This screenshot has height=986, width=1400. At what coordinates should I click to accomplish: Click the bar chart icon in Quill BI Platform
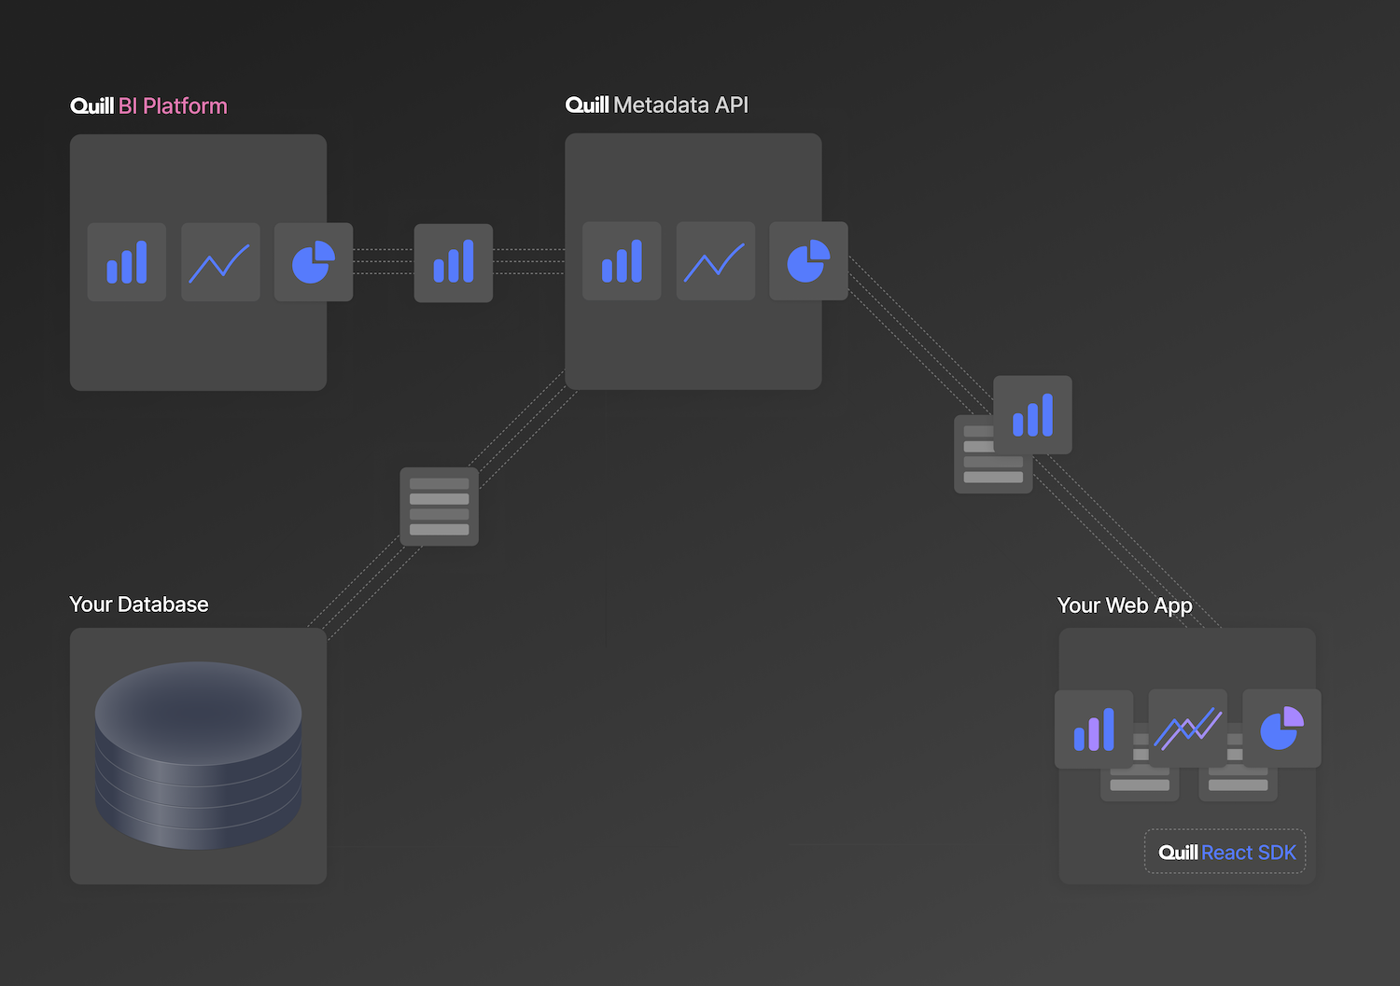(x=127, y=262)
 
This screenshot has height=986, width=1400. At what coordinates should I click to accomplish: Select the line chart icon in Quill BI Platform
(x=220, y=262)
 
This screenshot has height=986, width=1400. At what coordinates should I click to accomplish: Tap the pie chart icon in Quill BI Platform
(x=314, y=262)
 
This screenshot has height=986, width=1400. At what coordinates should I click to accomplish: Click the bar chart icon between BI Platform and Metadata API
(x=454, y=263)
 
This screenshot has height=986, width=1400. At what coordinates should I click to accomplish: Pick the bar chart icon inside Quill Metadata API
(x=622, y=261)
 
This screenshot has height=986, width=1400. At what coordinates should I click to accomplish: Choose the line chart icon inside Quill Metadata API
(x=716, y=261)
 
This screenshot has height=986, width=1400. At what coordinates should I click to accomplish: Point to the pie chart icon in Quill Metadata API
(x=808, y=261)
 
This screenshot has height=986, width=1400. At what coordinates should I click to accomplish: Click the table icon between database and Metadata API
(x=440, y=507)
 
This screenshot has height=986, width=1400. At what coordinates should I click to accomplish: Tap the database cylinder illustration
(x=198, y=755)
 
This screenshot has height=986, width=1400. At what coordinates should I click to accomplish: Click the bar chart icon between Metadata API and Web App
(x=1032, y=415)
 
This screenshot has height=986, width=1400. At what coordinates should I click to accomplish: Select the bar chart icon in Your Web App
(x=1094, y=729)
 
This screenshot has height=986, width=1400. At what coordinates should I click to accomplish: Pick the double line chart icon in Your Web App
(x=1188, y=729)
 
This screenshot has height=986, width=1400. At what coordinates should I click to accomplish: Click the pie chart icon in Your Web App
(x=1281, y=729)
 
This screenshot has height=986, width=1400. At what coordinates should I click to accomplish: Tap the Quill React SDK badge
(x=1225, y=852)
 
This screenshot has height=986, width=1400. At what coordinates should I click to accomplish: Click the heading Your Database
(x=139, y=604)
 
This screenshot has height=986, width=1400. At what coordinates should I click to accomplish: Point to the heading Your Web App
(x=1125, y=605)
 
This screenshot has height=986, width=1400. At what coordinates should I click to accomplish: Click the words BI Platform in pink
(x=173, y=106)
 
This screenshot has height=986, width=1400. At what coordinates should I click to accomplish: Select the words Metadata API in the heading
(x=681, y=105)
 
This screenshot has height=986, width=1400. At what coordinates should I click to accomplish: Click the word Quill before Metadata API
(x=587, y=105)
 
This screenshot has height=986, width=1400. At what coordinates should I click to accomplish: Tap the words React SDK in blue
(x=1249, y=853)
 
